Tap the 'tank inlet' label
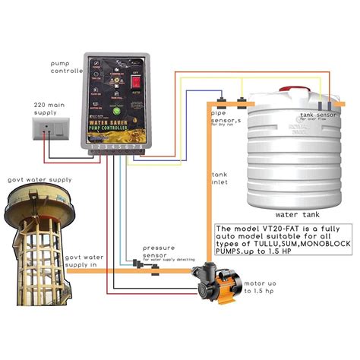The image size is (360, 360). [x=219, y=178]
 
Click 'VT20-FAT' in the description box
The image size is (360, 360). [x=268, y=229]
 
